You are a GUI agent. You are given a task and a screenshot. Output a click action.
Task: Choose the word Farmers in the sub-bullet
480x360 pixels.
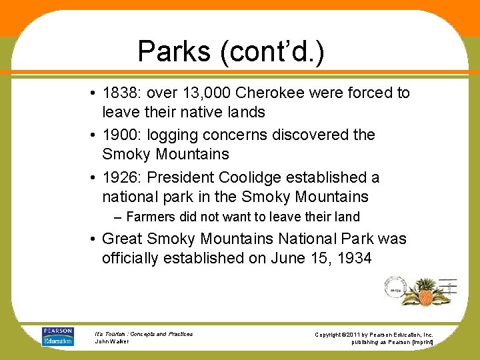pyautogui.click(x=151, y=217)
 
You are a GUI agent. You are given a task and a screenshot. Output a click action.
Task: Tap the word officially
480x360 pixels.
pyautogui.click(x=131, y=258)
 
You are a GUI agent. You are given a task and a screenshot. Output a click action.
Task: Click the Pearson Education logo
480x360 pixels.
pyautogui.click(x=58, y=336)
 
